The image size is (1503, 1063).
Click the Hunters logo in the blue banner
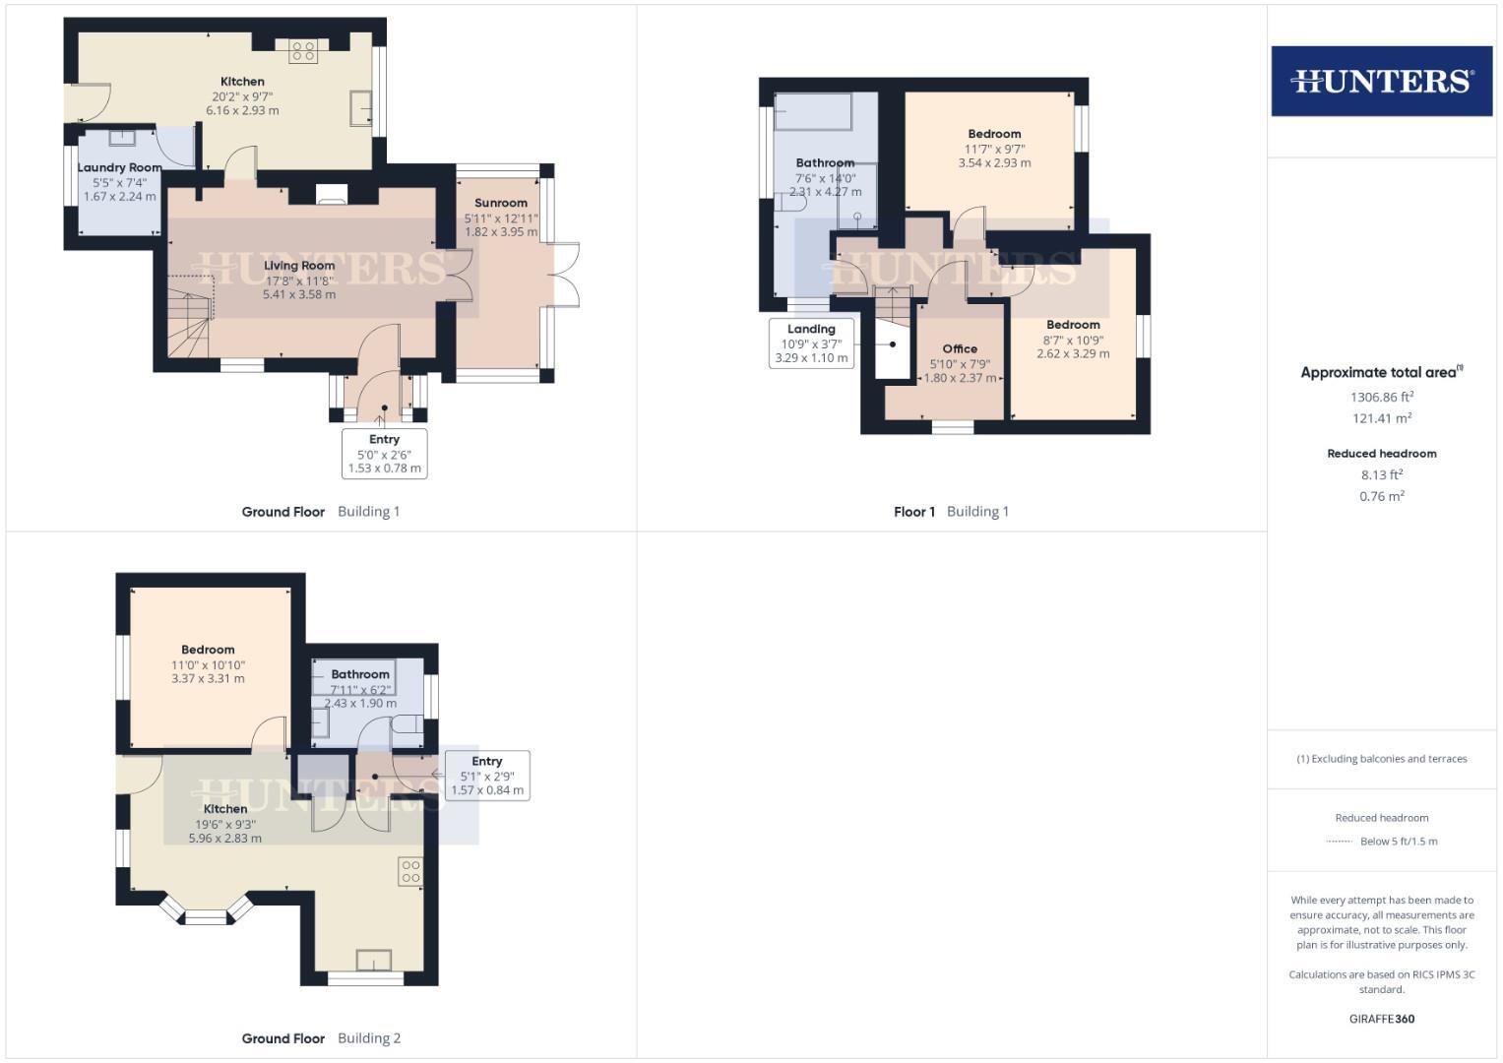pos(1381,81)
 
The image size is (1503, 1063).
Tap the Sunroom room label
pos(501,203)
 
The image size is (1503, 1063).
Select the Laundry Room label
pos(119,167)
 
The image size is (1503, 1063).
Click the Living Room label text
pos(299,266)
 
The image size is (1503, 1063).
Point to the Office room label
pos(960,348)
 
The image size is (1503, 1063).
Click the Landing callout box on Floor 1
pos(811,344)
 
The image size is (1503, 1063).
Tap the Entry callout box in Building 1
pos(384,454)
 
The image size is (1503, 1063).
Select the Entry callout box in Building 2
pos(487,776)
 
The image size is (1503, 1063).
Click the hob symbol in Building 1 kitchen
pos(302,51)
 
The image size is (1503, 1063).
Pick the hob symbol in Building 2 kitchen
pos(410,871)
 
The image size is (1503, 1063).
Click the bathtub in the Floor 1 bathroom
pos(813,112)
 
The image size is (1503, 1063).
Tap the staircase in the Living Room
pos(189,317)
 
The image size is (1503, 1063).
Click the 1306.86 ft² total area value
pos(1382,398)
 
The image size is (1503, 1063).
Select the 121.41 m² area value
pos(1382,418)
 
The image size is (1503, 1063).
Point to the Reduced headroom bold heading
pos(1382,454)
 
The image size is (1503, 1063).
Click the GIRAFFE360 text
pos(1382,1019)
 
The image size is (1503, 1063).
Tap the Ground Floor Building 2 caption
pos(321,1038)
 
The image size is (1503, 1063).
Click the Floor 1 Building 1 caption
pos(951,512)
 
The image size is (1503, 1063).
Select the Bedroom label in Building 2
pos(208,650)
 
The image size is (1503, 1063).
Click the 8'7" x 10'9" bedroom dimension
pos(1073,340)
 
